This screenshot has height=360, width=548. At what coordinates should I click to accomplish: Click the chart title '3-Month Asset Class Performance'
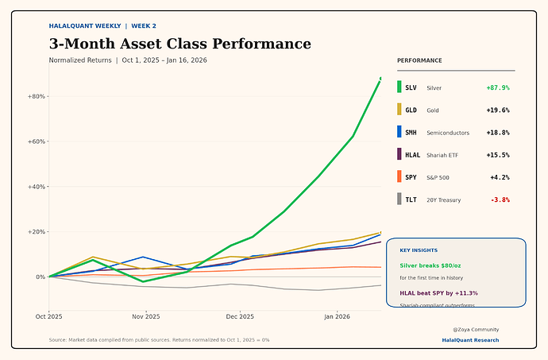click(179, 44)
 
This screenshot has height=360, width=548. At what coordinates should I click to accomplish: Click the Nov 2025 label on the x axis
click(145, 316)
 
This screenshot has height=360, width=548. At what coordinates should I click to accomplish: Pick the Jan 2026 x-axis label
click(338, 316)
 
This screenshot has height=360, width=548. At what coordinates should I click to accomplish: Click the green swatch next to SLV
click(399, 87)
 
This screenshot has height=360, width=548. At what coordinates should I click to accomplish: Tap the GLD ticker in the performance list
click(411, 110)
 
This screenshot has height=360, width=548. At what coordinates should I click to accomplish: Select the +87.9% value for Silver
click(497, 87)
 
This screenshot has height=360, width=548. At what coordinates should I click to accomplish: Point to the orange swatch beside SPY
click(399, 177)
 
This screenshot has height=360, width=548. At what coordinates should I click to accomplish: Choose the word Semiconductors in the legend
click(448, 133)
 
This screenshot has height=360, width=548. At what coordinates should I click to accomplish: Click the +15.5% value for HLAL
click(497, 155)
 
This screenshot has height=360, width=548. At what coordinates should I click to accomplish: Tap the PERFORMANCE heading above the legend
click(419, 60)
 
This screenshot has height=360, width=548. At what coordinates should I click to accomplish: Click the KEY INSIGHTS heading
click(419, 250)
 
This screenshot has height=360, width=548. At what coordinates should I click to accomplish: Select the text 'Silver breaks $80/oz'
click(430, 265)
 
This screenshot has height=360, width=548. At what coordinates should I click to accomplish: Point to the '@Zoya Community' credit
click(476, 329)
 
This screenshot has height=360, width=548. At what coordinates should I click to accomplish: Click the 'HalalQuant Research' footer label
click(470, 340)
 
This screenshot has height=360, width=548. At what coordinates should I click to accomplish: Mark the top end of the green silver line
click(380, 78)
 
